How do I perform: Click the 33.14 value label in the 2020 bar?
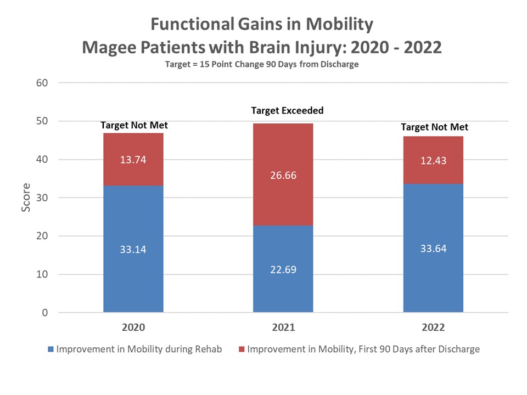pyautogui.click(x=133, y=250)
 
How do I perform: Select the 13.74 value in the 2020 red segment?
pyautogui.click(x=133, y=160)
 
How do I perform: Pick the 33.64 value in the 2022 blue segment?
pyautogui.click(x=434, y=249)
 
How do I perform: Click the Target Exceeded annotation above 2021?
pyautogui.click(x=287, y=110)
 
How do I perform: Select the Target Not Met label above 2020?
pyautogui.click(x=134, y=126)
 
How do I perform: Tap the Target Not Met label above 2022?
pyautogui.click(x=434, y=127)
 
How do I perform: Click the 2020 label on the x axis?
pyautogui.click(x=133, y=328)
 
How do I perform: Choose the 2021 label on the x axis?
pyautogui.click(x=283, y=328)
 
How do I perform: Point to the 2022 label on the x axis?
pyautogui.click(x=434, y=328)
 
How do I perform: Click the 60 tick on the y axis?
pyautogui.click(x=43, y=83)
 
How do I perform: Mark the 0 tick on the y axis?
pyautogui.click(x=46, y=313)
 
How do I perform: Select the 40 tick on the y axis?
pyautogui.click(x=43, y=160)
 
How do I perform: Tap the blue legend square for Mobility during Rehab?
pyautogui.click(x=52, y=349)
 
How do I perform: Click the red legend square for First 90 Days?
pyautogui.click(x=242, y=349)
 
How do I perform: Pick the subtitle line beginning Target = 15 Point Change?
pyautogui.click(x=262, y=64)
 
